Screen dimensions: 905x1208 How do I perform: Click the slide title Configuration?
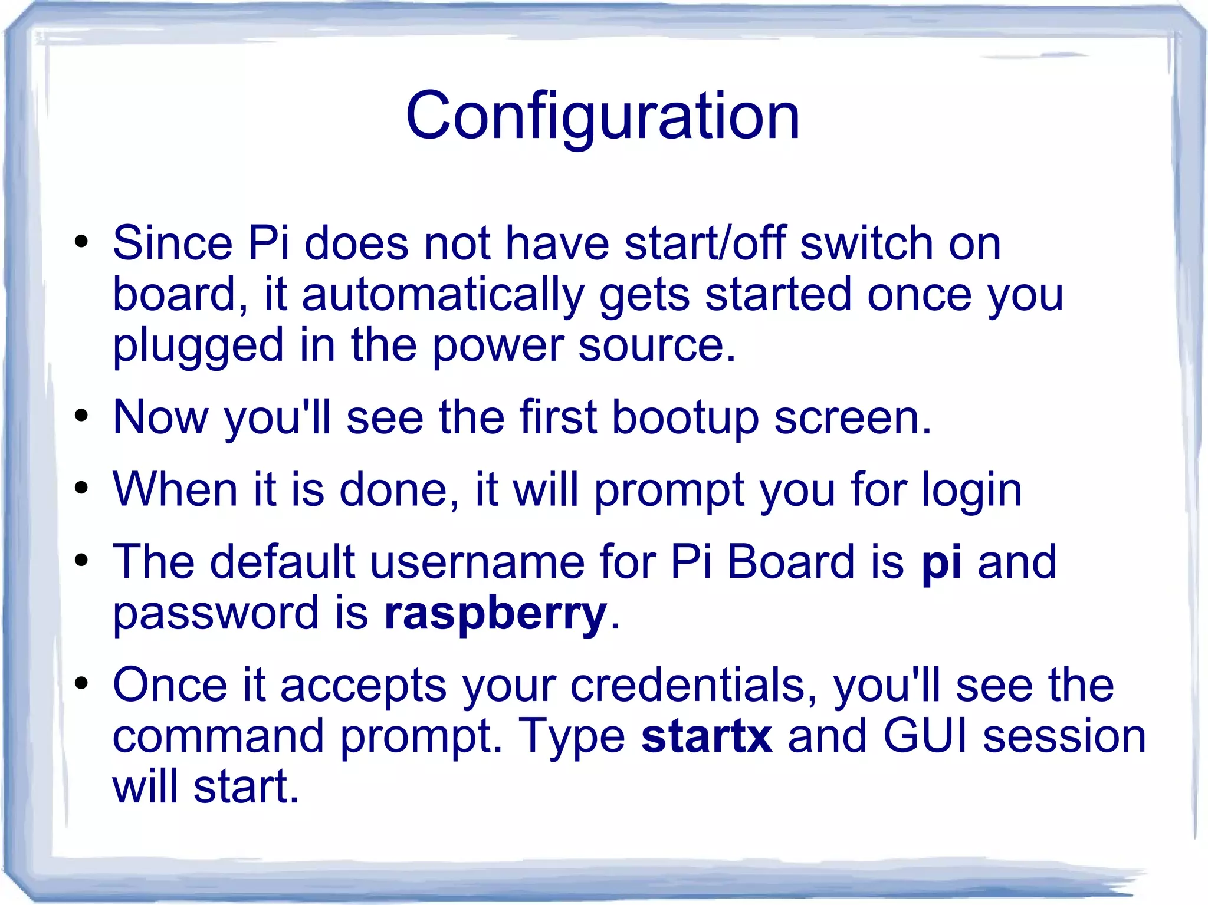602,116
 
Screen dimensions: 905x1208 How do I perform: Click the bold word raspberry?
495,613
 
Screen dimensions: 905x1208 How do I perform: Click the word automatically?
443,294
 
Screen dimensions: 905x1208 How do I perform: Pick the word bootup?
685,418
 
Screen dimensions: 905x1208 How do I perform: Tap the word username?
477,562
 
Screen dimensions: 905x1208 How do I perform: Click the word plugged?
198,346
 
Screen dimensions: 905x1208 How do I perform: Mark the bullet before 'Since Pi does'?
81,242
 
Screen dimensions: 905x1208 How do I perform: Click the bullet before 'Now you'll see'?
81,416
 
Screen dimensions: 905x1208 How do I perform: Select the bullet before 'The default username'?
81,561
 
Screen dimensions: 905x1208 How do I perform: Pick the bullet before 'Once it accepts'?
81,684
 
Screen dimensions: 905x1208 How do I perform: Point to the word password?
216,613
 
